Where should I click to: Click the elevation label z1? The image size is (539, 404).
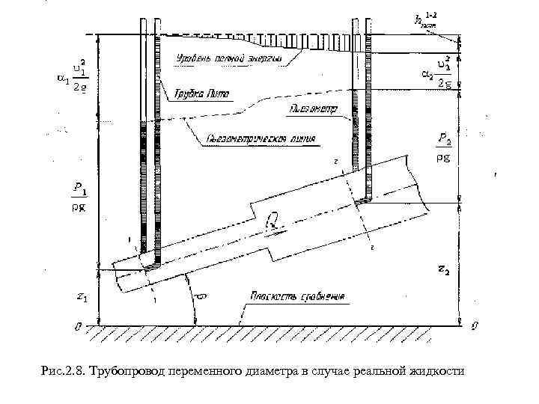83,299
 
